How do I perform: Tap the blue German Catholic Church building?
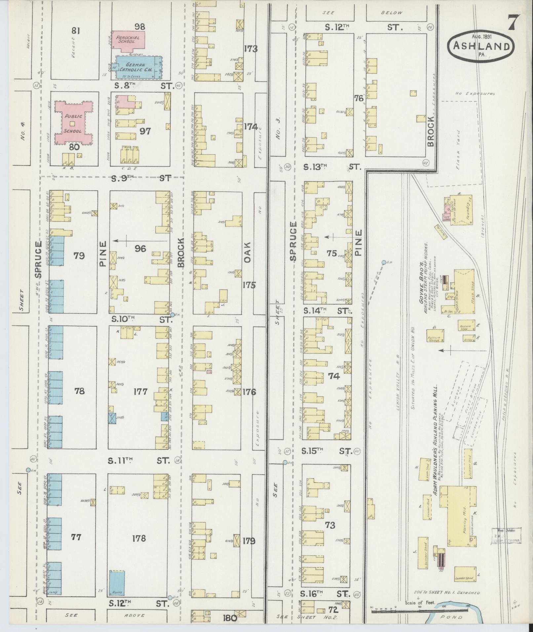[138, 67]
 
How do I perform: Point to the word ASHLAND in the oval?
[481, 46]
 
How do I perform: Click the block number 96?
[140, 249]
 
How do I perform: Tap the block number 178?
[139, 538]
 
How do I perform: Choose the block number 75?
[332, 254]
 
